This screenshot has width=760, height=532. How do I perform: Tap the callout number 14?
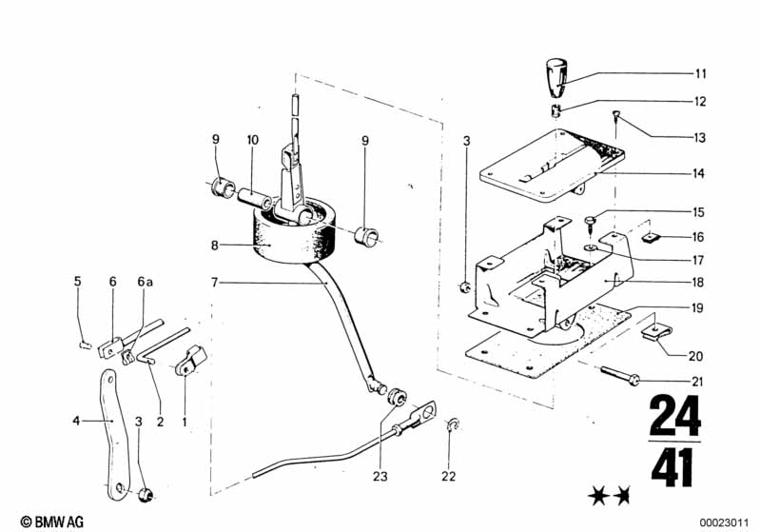[x=698, y=173]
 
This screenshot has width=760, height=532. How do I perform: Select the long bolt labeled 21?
[x=620, y=376]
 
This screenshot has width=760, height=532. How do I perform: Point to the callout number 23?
[x=380, y=476]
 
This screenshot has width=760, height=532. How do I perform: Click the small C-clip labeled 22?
[x=452, y=424]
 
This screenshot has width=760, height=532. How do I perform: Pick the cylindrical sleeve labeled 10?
[x=256, y=198]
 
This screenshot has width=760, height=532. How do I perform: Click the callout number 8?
[x=215, y=246]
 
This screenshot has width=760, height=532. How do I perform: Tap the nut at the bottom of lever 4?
[x=146, y=495]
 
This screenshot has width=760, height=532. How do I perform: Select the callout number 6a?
[x=145, y=282]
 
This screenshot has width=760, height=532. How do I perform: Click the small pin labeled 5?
[x=86, y=345]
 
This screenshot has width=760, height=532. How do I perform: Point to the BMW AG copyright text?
[x=52, y=522]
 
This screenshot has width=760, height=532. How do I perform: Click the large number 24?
[x=674, y=416]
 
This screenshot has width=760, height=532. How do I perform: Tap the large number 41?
[x=672, y=467]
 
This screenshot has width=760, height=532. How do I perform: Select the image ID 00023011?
[x=724, y=522]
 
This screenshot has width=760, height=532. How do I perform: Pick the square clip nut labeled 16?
[x=652, y=238]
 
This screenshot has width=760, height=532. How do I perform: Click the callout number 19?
[x=697, y=307]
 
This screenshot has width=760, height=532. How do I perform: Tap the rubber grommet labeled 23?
[x=396, y=396]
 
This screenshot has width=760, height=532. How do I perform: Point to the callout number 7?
[x=215, y=283]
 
